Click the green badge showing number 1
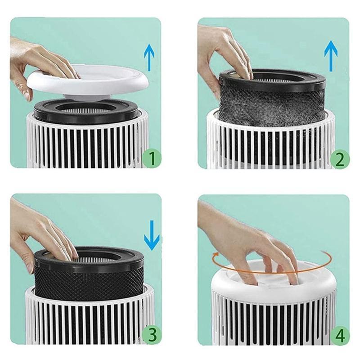coord(152,158)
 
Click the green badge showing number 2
coord(339,158)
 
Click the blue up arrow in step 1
coord(149,58)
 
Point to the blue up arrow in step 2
coord(331,55)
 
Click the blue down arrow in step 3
coord(152,235)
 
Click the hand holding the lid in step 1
coord(36,63)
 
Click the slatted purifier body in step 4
coord(270,322)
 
